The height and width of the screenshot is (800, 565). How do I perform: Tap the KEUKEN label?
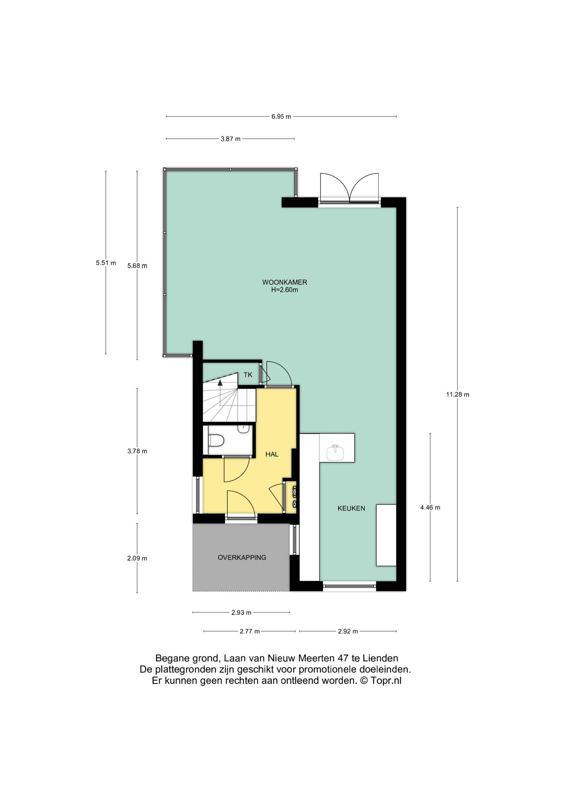pyautogui.click(x=351, y=508)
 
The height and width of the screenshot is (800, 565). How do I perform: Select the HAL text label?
pyautogui.click(x=272, y=454)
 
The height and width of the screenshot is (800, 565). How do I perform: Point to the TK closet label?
pyautogui.click(x=248, y=375)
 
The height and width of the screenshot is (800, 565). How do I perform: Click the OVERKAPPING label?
pyautogui.click(x=242, y=557)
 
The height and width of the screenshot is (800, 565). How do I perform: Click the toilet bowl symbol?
pyautogui.click(x=216, y=441)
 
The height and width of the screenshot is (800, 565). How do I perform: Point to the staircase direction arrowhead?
pyautogui.click(x=220, y=382)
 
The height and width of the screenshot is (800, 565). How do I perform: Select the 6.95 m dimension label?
pyautogui.click(x=281, y=116)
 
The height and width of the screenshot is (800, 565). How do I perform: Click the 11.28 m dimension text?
pyautogui.click(x=458, y=395)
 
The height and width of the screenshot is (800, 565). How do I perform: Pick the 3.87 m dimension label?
pyautogui.click(x=230, y=139)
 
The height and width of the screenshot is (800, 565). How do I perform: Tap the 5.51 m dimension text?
pyautogui.click(x=106, y=263)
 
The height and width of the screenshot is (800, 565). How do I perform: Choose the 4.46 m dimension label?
pyautogui.click(x=430, y=508)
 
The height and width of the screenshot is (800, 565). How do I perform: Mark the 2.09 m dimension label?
pyautogui.click(x=137, y=558)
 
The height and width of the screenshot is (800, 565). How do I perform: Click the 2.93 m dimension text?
pyautogui.click(x=241, y=612)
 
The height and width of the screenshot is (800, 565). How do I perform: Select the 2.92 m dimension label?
pyautogui.click(x=348, y=631)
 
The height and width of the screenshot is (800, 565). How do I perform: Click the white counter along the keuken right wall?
pyautogui.click(x=386, y=535)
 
